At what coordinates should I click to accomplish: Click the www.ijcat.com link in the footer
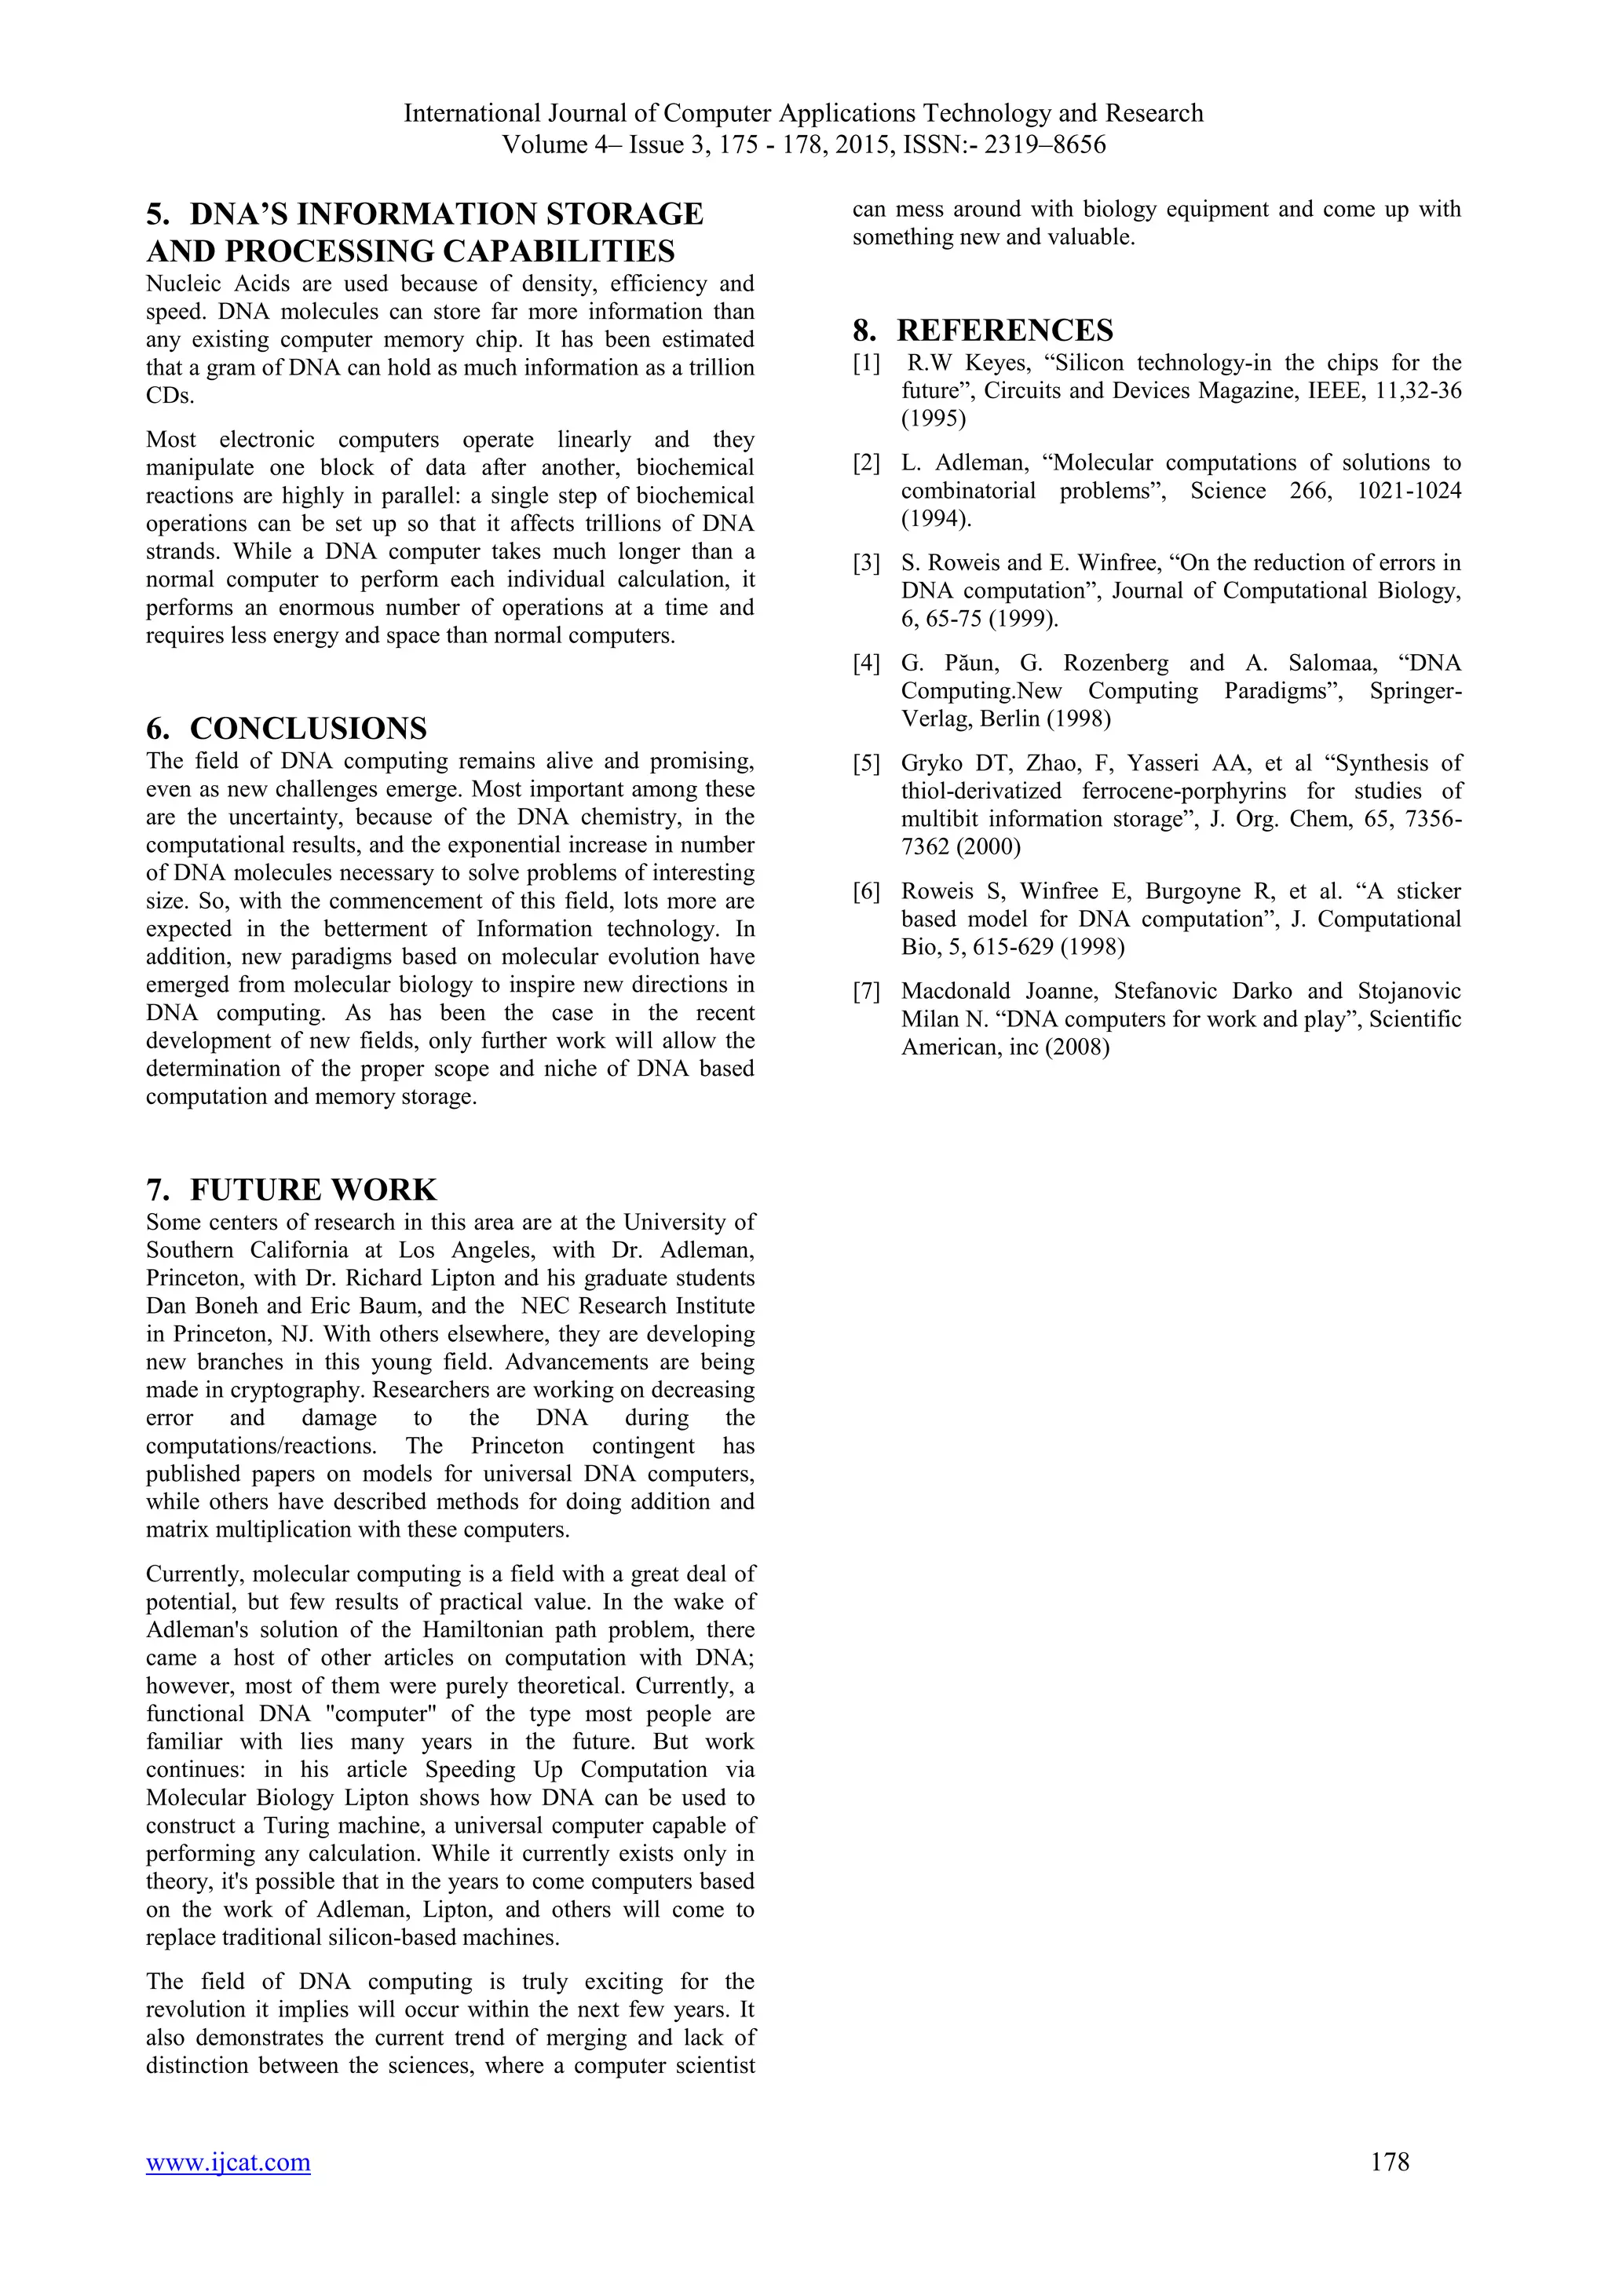point(228,2162)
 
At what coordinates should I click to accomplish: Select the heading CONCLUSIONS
point(308,728)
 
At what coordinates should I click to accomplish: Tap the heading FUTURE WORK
point(313,1189)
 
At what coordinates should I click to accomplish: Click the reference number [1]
point(866,364)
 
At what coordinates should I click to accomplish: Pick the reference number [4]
point(866,664)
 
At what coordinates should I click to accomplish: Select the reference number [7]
point(866,992)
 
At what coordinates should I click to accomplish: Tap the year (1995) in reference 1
point(934,419)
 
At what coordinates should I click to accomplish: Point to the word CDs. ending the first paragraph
point(170,397)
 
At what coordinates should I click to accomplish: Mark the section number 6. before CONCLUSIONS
point(159,728)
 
